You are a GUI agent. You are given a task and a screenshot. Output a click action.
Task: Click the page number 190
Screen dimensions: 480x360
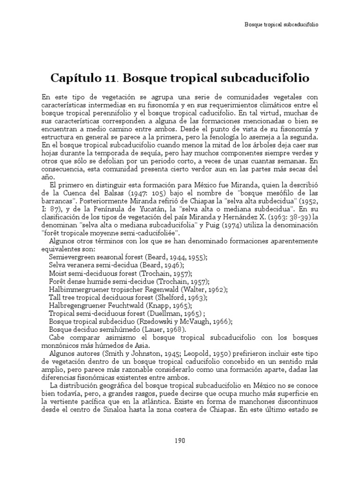pos(180,440)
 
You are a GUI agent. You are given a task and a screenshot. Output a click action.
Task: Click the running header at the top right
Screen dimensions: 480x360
pos(282,24)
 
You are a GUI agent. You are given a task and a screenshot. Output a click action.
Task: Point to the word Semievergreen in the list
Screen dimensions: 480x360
pos(72,257)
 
